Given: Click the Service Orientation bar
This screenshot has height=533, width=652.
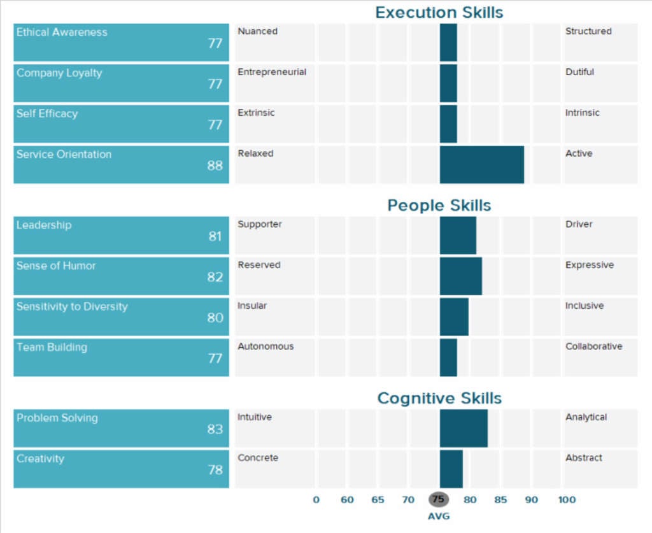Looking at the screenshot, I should click(481, 165).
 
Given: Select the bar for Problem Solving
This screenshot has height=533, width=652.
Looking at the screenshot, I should click(464, 429).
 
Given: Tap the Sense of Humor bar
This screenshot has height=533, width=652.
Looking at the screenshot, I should click(460, 276).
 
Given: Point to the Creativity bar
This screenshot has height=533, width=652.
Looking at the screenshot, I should click(451, 469).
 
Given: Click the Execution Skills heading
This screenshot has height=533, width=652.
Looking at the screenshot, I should click(439, 13).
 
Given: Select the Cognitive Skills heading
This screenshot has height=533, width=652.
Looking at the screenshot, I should click(439, 399).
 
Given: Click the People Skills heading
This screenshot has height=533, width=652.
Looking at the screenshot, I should click(439, 206).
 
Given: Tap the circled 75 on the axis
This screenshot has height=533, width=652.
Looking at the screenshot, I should click(439, 500).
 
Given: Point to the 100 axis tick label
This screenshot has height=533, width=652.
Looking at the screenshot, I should click(567, 500).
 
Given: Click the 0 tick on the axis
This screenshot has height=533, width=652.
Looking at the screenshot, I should click(316, 500).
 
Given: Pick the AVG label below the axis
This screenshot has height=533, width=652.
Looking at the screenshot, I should click(439, 516).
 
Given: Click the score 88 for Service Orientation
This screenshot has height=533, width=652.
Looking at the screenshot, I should click(215, 166).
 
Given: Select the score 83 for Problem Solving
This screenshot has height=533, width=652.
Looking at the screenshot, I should click(215, 429).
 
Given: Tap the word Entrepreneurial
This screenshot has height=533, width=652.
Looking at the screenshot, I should click(272, 72).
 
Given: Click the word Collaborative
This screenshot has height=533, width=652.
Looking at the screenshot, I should click(593, 346).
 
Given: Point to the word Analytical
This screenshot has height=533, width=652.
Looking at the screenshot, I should click(586, 417).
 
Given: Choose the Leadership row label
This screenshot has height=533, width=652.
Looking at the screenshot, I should click(44, 225).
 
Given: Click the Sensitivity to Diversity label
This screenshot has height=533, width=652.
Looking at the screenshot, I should click(72, 306).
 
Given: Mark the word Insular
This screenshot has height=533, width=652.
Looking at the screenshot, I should click(252, 306).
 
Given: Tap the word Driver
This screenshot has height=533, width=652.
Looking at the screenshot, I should click(579, 224).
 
